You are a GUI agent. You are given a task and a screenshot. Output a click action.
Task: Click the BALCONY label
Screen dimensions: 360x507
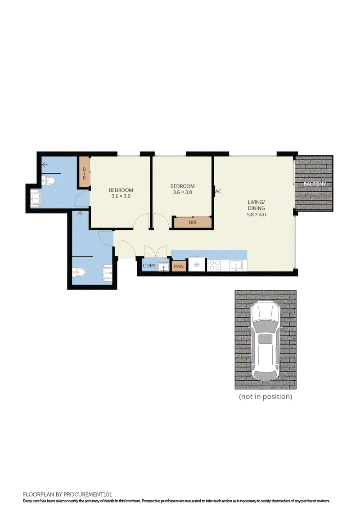tap(315, 184)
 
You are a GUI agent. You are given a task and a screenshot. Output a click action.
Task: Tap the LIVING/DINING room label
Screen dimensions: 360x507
tap(256, 205)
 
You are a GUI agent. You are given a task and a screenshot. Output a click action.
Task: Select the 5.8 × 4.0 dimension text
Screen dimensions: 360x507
tap(256, 215)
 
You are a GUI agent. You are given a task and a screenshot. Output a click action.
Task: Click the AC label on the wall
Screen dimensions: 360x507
tap(218, 192)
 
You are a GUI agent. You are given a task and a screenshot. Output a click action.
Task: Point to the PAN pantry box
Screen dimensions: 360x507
tap(179, 266)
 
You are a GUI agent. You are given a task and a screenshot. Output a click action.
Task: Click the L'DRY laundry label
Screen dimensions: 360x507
tap(149, 265)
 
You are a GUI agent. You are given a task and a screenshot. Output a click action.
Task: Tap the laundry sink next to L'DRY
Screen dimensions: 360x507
tap(163, 267)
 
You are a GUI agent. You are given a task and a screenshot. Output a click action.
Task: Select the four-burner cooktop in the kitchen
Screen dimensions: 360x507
tap(215, 265)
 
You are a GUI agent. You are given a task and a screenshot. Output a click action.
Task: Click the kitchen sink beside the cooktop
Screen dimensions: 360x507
tap(236, 266)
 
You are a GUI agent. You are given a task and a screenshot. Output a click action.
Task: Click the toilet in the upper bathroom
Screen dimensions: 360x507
tap(49, 180)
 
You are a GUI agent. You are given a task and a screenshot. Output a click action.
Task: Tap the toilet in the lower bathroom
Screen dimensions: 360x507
tap(79, 272)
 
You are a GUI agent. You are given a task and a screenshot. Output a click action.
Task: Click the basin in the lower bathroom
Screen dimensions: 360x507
tap(108, 271)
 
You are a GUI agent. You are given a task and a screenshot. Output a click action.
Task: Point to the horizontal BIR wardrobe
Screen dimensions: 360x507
tap(193, 222)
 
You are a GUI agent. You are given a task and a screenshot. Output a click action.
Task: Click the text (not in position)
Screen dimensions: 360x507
tap(265, 396)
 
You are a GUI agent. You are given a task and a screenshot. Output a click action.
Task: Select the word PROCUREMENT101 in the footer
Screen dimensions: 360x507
tap(88, 494)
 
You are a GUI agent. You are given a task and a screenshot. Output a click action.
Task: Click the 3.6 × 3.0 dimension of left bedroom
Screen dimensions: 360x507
tap(121, 196)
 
